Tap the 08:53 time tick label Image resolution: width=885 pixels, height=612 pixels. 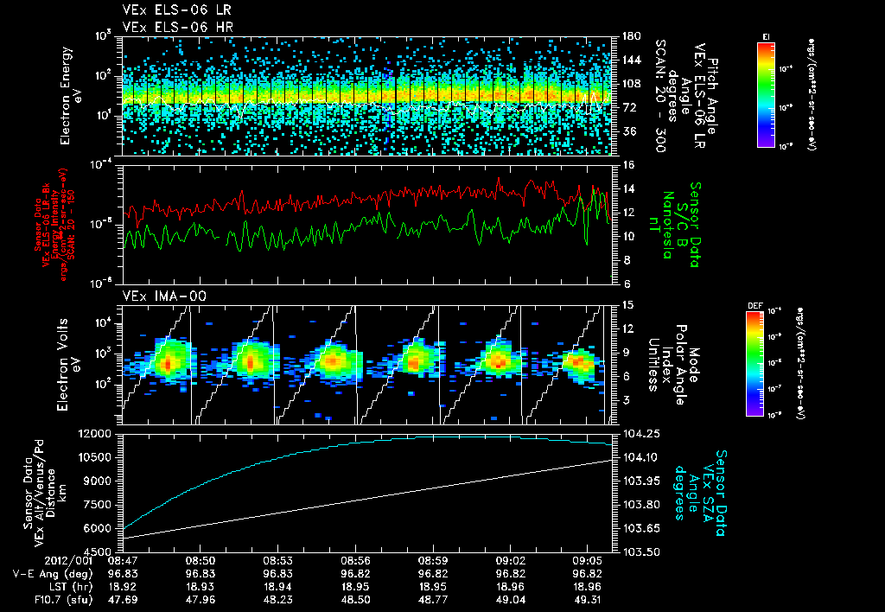pyautogui.click(x=280, y=560)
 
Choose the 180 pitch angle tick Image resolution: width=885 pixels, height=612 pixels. pyautogui.click(x=630, y=36)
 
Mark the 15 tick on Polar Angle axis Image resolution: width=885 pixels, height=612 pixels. pyautogui.click(x=628, y=304)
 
